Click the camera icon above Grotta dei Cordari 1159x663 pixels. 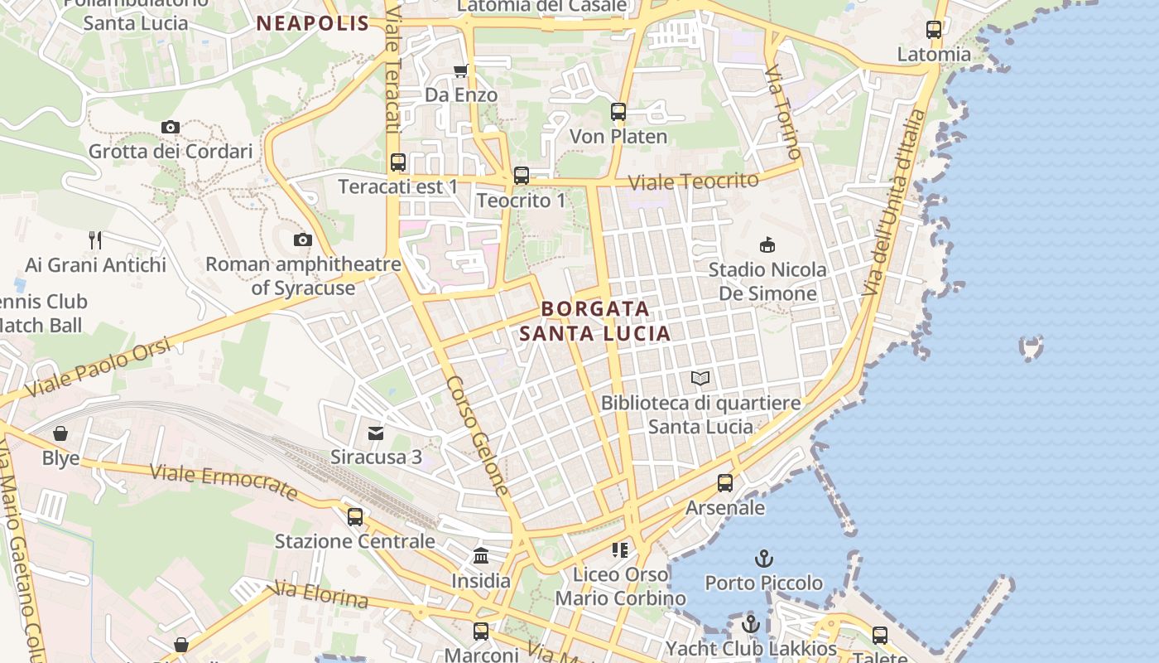[x=171, y=127]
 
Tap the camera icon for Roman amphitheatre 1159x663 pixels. [x=303, y=240]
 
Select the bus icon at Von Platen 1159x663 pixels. [x=618, y=112]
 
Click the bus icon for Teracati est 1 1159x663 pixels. [x=398, y=162]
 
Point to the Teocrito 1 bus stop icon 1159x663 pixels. [x=522, y=176]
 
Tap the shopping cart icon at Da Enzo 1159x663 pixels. [x=461, y=70]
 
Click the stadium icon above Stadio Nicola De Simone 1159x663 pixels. [x=767, y=245]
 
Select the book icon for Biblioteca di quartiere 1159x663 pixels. [x=700, y=379]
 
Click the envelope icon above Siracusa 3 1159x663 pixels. [x=377, y=433]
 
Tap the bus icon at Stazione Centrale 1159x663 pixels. [x=355, y=517]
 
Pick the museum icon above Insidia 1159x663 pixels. [x=481, y=556]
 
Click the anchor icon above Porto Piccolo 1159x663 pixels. [x=764, y=559]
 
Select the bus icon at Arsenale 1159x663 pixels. [x=725, y=483]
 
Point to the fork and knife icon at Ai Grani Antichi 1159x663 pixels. [x=95, y=240]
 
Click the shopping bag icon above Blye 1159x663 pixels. [x=60, y=433]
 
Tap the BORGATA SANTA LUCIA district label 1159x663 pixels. [x=594, y=321]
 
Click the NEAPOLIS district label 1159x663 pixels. [x=312, y=23]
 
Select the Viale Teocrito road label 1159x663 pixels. [x=693, y=181]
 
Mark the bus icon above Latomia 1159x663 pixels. [x=934, y=30]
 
